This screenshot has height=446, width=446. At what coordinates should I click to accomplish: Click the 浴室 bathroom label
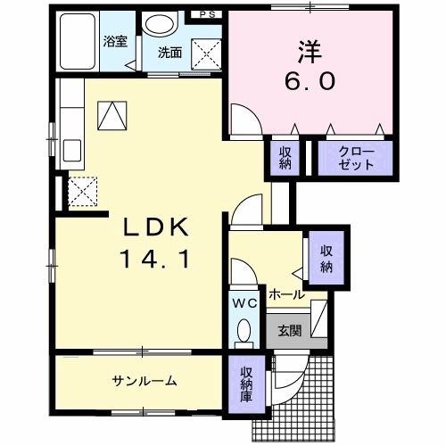[x=115, y=41]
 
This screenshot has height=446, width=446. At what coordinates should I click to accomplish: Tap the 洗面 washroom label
[x=171, y=53]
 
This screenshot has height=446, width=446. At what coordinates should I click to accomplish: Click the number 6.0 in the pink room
[x=310, y=82]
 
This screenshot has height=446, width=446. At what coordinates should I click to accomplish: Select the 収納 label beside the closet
[x=285, y=159]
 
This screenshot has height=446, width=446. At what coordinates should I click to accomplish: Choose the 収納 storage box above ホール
[x=326, y=256]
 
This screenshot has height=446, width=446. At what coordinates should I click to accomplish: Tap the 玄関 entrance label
[x=289, y=330]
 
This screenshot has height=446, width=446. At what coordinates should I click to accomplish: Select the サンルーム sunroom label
[x=144, y=382]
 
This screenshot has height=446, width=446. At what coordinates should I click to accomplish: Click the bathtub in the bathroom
[x=78, y=43]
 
